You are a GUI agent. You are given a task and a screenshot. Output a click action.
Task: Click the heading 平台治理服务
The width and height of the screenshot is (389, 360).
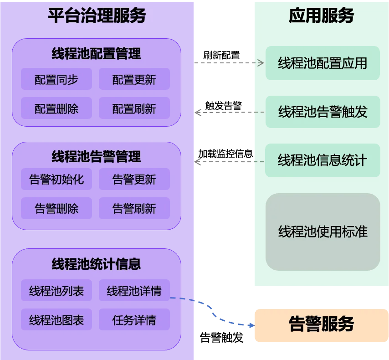click(97, 16)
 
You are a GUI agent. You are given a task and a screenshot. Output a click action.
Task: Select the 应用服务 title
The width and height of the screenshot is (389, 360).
click(321, 16)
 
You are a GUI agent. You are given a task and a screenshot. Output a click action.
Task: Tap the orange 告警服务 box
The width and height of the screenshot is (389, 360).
click(322, 325)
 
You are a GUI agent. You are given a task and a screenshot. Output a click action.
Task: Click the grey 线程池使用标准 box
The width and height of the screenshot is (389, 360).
click(322, 231)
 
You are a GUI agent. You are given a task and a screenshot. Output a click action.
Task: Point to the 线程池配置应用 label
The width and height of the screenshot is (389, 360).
click(322, 63)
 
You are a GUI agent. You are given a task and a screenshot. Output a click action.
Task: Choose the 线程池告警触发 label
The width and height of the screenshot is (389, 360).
click(322, 112)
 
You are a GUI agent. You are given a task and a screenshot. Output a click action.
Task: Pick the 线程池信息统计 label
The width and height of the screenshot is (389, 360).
click(322, 160)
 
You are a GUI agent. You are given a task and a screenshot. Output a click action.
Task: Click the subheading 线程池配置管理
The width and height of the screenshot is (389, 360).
click(96, 54)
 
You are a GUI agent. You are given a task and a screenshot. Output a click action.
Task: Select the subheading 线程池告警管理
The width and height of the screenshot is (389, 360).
click(96, 157)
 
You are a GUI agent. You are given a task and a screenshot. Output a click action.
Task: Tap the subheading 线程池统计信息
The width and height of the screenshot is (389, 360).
click(96, 264)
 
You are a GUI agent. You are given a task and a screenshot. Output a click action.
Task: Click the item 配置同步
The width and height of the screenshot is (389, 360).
click(56, 80)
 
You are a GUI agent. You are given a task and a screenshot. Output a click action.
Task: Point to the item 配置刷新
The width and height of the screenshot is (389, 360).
click(134, 109)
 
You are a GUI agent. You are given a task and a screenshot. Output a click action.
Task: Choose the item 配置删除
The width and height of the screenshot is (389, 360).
click(56, 109)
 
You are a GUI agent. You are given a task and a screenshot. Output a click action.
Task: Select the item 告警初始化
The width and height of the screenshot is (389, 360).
click(56, 180)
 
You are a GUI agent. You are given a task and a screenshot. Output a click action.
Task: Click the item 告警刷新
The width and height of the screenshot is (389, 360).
click(134, 209)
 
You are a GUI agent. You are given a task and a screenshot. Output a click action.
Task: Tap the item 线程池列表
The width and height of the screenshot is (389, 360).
click(56, 291)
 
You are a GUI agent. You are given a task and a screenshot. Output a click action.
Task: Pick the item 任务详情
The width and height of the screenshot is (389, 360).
click(134, 320)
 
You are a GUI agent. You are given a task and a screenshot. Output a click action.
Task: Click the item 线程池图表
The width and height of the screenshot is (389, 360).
click(56, 320)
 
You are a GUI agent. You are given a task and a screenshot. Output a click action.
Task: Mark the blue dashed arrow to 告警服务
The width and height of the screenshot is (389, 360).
click(214, 312)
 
